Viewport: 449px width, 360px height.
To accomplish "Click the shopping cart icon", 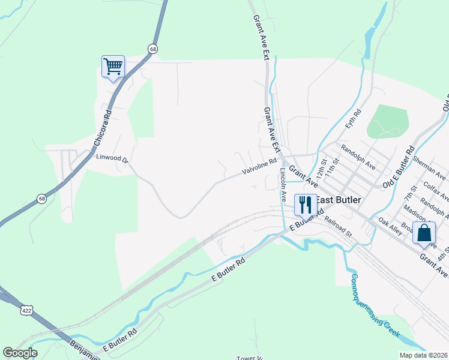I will coord(113,67).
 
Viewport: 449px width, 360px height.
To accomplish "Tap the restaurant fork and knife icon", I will coord(305,205).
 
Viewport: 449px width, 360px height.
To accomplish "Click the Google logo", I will coord(20,352).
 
